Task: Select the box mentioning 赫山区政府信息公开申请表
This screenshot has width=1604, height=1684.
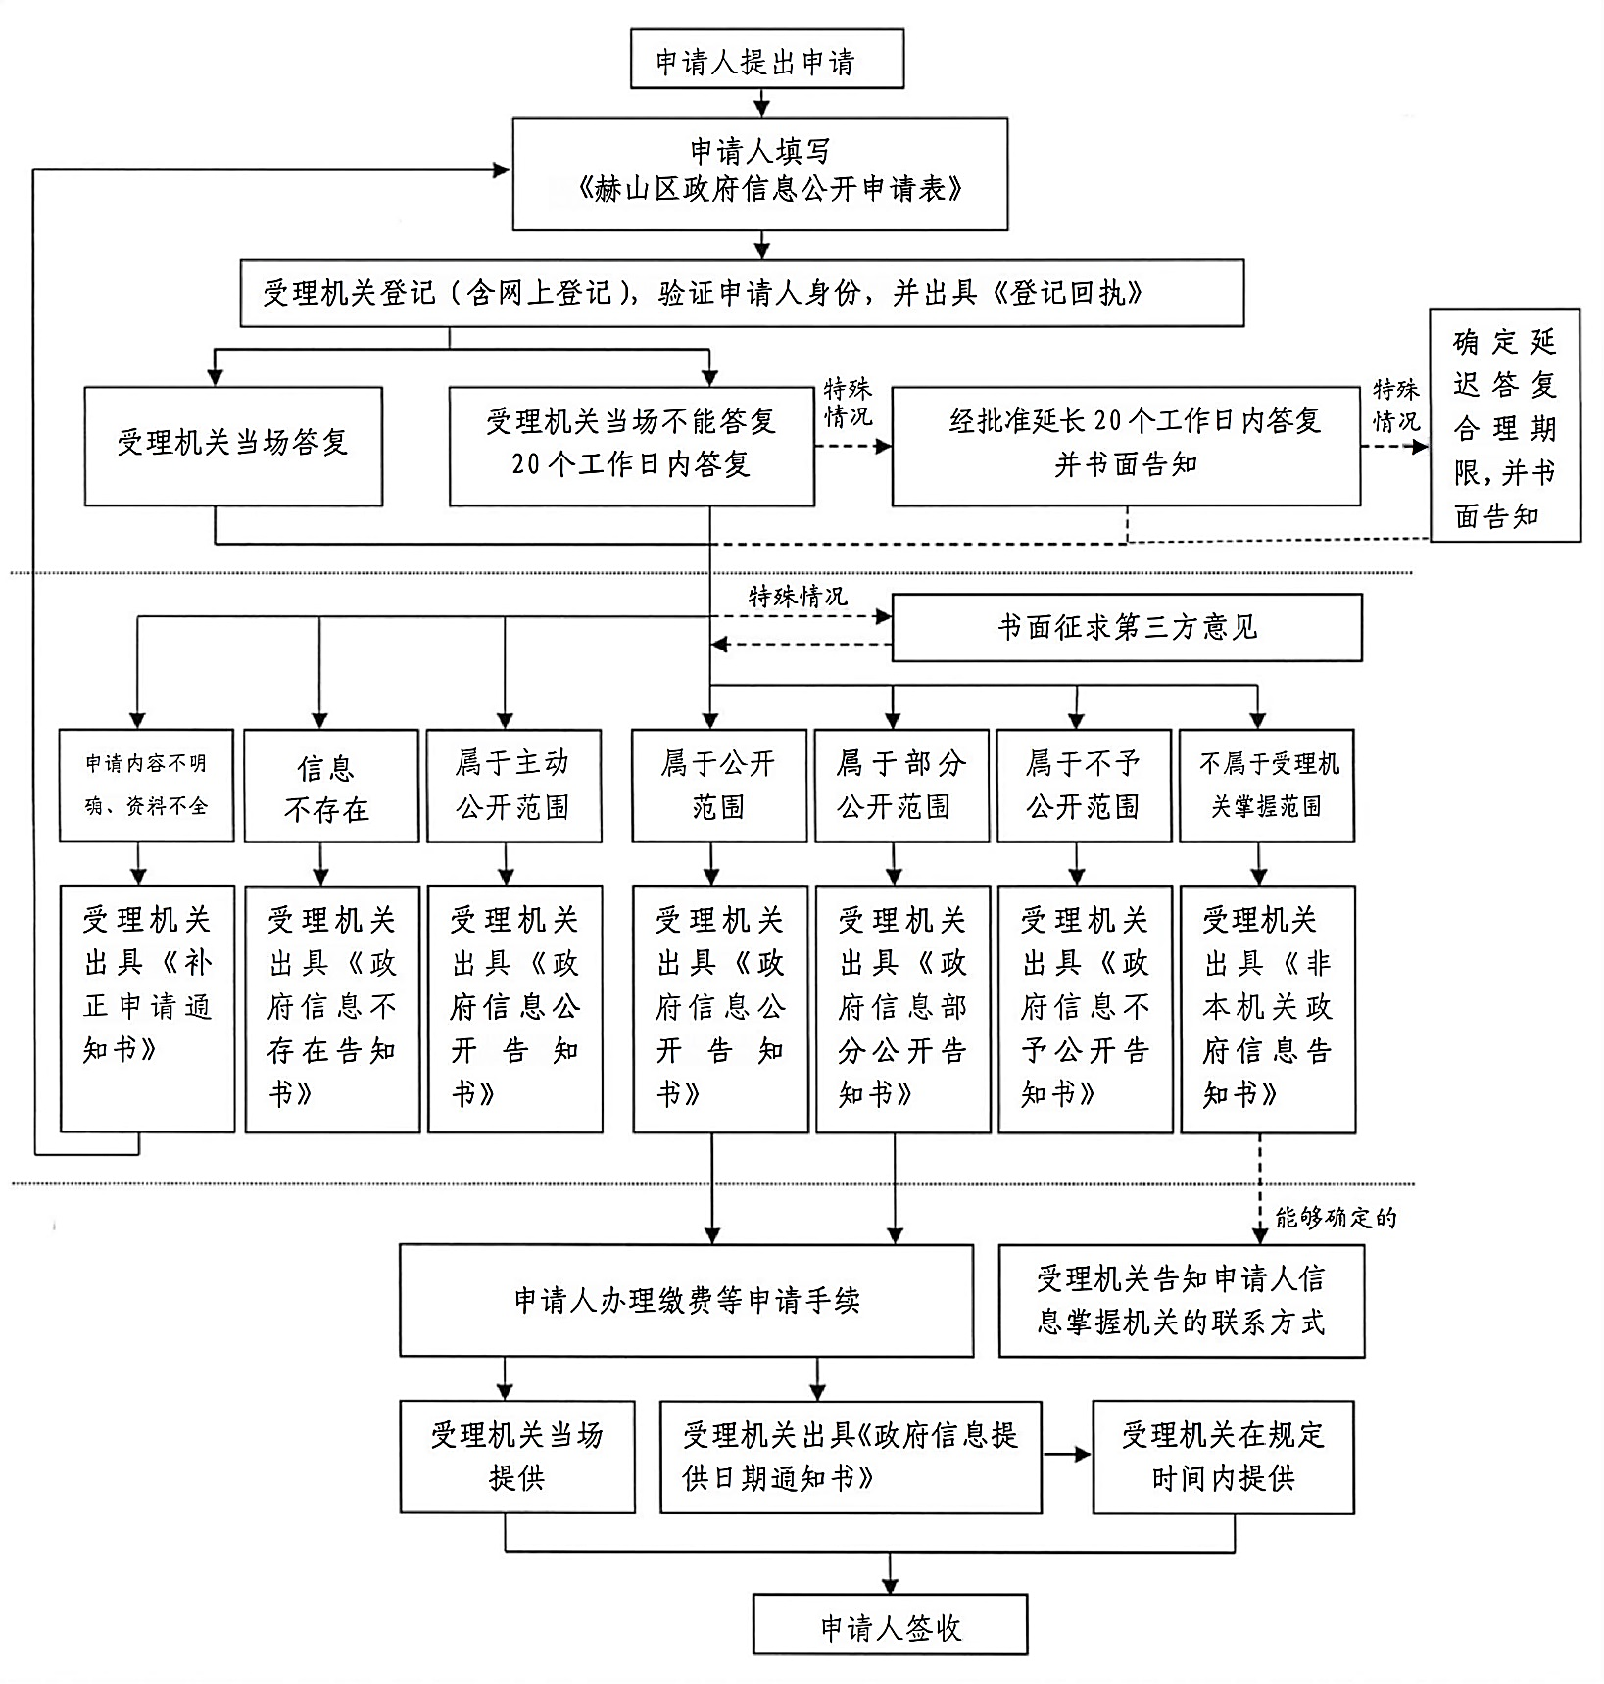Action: [760, 173]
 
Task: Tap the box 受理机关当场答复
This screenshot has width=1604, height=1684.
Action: [233, 446]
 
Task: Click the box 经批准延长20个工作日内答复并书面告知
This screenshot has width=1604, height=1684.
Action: [1126, 446]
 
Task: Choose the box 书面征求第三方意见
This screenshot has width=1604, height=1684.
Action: [1126, 627]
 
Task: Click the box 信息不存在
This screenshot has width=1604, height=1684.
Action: [331, 786]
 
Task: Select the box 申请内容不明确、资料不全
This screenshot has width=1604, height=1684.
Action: [146, 786]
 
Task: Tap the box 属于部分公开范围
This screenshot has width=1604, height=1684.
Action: [901, 786]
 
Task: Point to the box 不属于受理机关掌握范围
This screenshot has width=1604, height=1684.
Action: [1266, 786]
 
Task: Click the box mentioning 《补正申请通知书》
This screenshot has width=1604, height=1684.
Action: [147, 1008]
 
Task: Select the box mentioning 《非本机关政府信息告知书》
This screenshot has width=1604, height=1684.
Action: [1268, 1009]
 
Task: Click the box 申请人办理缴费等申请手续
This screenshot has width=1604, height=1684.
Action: [686, 1300]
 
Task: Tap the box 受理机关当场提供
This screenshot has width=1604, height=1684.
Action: [516, 1456]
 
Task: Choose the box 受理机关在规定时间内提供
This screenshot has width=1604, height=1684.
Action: [1223, 1456]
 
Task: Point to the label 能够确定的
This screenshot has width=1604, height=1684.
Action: [1335, 1218]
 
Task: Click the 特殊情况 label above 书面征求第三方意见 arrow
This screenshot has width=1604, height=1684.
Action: [798, 596]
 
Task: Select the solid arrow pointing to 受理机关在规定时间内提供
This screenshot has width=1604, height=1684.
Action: [1067, 1455]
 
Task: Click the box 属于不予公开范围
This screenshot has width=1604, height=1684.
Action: [1084, 786]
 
